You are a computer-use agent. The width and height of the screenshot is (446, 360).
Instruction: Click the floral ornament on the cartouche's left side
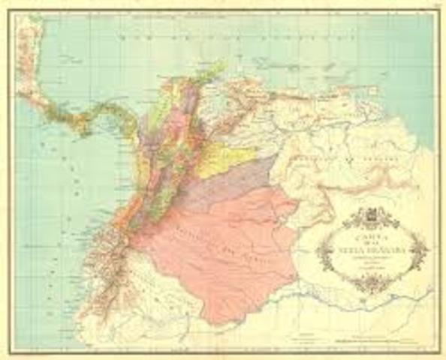tap(324, 253)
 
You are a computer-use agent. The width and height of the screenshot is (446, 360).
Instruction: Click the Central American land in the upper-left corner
tap(30, 67)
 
